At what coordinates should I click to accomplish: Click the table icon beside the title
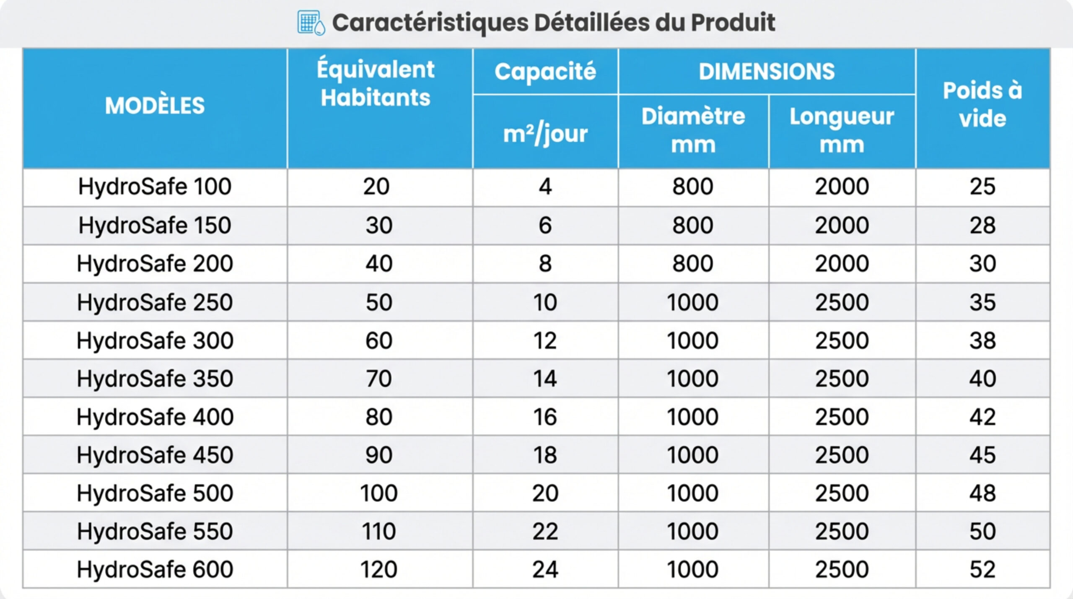pyautogui.click(x=311, y=23)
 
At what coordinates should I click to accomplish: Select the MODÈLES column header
pyautogui.click(x=155, y=106)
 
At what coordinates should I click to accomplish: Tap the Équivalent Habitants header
pyautogui.click(x=376, y=83)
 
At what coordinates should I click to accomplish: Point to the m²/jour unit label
pyautogui.click(x=545, y=134)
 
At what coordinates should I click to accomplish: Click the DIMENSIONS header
pyautogui.click(x=767, y=72)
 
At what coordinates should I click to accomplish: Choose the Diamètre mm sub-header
pyautogui.click(x=693, y=130)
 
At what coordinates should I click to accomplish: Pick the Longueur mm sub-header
pyautogui.click(x=842, y=130)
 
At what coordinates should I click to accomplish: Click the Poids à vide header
pyautogui.click(x=982, y=104)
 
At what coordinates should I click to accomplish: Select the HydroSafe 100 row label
pyautogui.click(x=155, y=187)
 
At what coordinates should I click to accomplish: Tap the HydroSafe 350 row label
pyautogui.click(x=155, y=379)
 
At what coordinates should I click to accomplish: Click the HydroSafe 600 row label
pyautogui.click(x=155, y=569)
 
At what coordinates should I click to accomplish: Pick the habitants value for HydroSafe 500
pyautogui.click(x=378, y=493)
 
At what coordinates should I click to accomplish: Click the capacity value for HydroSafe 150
pyautogui.click(x=545, y=225)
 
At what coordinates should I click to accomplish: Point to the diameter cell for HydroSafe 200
pyautogui.click(x=693, y=264)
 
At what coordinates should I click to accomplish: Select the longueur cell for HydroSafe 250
pyautogui.click(x=842, y=302)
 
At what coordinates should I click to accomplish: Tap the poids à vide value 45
pyautogui.click(x=982, y=455)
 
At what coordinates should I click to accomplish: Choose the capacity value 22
pyautogui.click(x=545, y=531)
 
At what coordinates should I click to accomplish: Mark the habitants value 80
pyautogui.click(x=378, y=417)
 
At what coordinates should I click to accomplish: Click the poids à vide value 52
pyautogui.click(x=982, y=569)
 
